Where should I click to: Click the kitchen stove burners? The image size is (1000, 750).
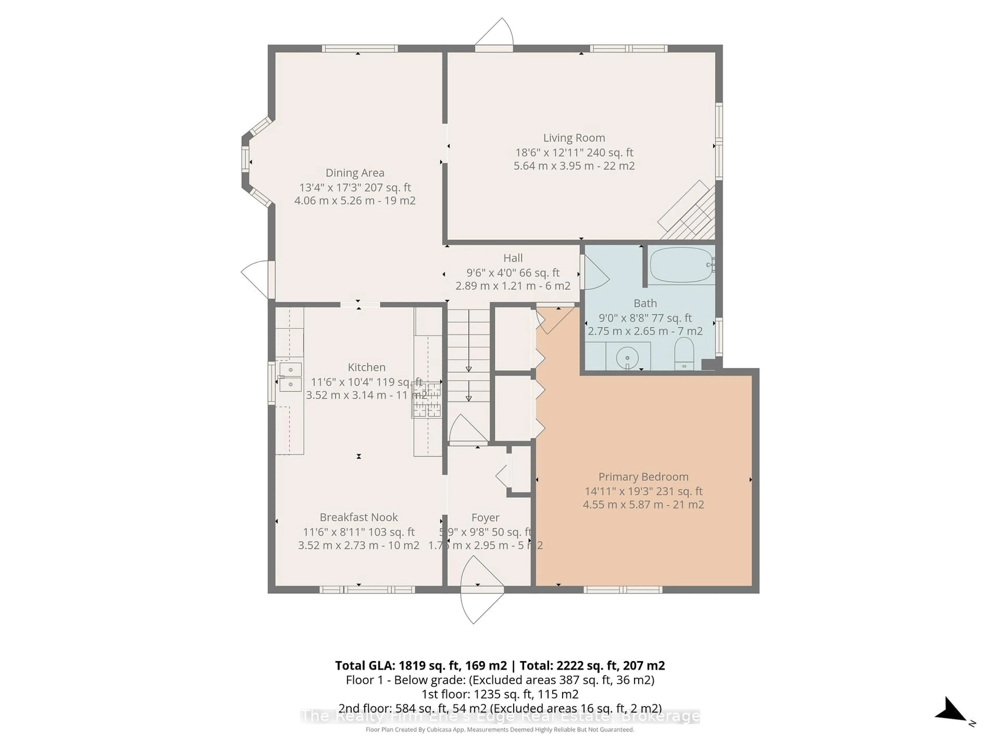pyautogui.click(x=426, y=400)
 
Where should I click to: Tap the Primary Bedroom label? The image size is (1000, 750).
pyautogui.click(x=643, y=477)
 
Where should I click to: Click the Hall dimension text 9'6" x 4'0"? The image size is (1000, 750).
pyautogui.click(x=513, y=273)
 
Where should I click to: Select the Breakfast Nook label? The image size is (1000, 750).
pyautogui.click(x=359, y=517)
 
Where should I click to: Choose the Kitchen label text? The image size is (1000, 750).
pyautogui.click(x=366, y=367)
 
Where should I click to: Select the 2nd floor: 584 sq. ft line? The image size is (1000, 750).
pyautogui.click(x=499, y=708)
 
